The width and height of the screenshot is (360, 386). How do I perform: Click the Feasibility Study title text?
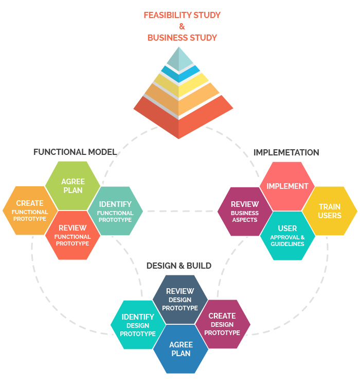coord(182,15)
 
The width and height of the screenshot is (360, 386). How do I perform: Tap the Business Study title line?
coord(182,38)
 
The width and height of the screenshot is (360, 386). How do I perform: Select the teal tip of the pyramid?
coord(179,58)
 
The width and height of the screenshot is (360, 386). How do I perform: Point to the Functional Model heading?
coord(75,152)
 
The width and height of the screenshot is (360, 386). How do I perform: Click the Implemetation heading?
coord(286,152)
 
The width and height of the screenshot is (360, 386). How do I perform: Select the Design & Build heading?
coord(179,266)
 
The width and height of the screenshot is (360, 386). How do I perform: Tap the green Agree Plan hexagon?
coord(73,186)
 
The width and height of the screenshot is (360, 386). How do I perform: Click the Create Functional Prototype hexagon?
coord(30,210)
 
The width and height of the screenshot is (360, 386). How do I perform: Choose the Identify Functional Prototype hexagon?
coord(115,211)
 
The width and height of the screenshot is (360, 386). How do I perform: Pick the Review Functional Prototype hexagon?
coord(73,235)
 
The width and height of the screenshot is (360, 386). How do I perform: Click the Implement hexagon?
coord(287,186)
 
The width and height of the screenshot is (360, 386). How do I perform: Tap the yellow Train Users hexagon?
coord(330,211)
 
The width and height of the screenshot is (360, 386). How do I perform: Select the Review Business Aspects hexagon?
coord(244,211)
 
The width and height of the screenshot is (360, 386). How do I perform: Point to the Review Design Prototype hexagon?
coord(180,299)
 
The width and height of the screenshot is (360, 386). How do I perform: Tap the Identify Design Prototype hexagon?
coord(137,325)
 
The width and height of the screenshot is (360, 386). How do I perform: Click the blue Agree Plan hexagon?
coord(181,349)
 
